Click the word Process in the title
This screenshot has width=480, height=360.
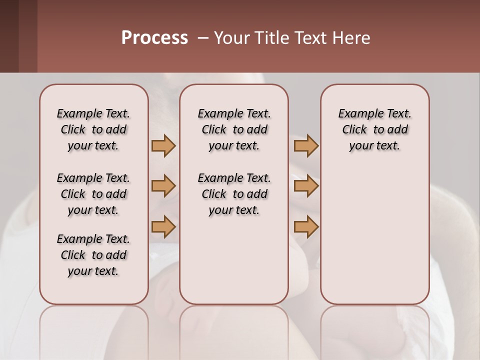pyautogui.click(x=154, y=38)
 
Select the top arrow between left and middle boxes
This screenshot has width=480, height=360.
pyautogui.click(x=163, y=146)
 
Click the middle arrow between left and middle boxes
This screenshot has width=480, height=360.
pyautogui.click(x=163, y=186)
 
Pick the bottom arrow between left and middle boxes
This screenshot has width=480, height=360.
pyautogui.click(x=163, y=226)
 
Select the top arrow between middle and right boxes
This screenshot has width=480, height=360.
pyautogui.click(x=306, y=146)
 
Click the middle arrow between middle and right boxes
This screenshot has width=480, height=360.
pyautogui.click(x=306, y=186)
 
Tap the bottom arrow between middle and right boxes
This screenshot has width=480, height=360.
pyautogui.click(x=306, y=226)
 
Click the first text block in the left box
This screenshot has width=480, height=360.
pyautogui.click(x=93, y=129)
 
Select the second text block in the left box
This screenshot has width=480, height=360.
pyautogui.click(x=93, y=194)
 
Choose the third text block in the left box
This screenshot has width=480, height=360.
pyautogui.click(x=93, y=255)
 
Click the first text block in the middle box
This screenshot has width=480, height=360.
pyautogui.click(x=234, y=129)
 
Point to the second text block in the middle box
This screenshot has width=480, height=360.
pyautogui.click(x=234, y=194)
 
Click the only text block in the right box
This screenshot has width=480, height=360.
pyautogui.click(x=374, y=129)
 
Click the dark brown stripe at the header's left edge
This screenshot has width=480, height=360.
pyautogui.click(x=9, y=36)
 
